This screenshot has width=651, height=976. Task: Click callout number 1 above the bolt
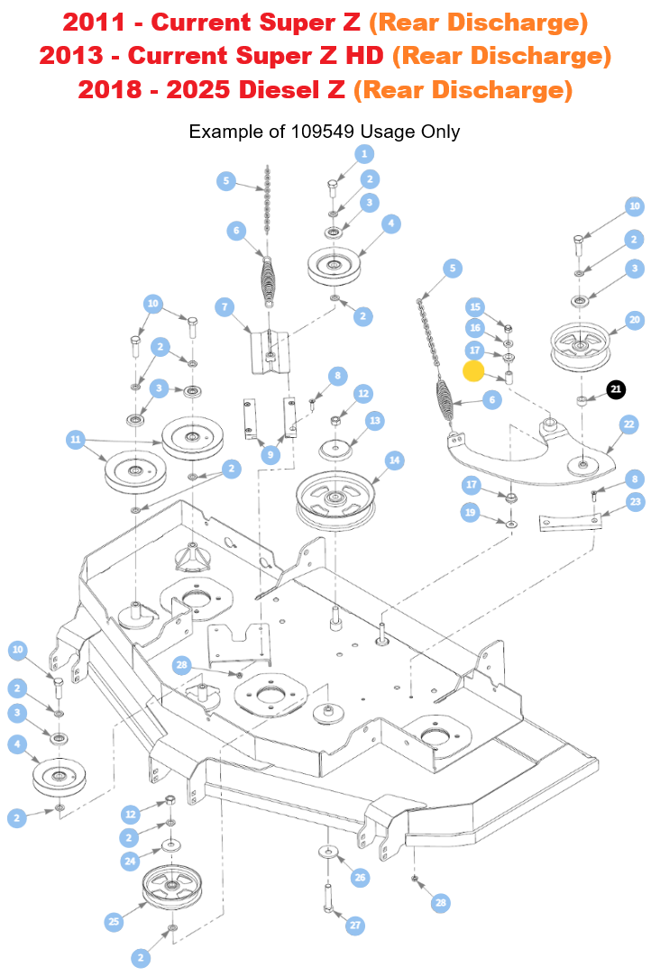pos(364,154)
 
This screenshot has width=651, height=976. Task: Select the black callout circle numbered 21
pos(616,389)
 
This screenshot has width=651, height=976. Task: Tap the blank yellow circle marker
pos(474,371)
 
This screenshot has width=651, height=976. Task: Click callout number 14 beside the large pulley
pos(394,460)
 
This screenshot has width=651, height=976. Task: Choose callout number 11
pos(76,440)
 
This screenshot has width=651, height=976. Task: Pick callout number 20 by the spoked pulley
pos(635,320)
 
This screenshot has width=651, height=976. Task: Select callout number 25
pos(115,921)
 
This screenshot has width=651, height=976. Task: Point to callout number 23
pos(636,501)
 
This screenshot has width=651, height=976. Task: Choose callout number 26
pos(360,877)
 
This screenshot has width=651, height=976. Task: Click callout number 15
pos(475,307)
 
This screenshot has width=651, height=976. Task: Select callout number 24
pos(131,861)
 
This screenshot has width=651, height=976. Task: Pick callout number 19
pos(470,513)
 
